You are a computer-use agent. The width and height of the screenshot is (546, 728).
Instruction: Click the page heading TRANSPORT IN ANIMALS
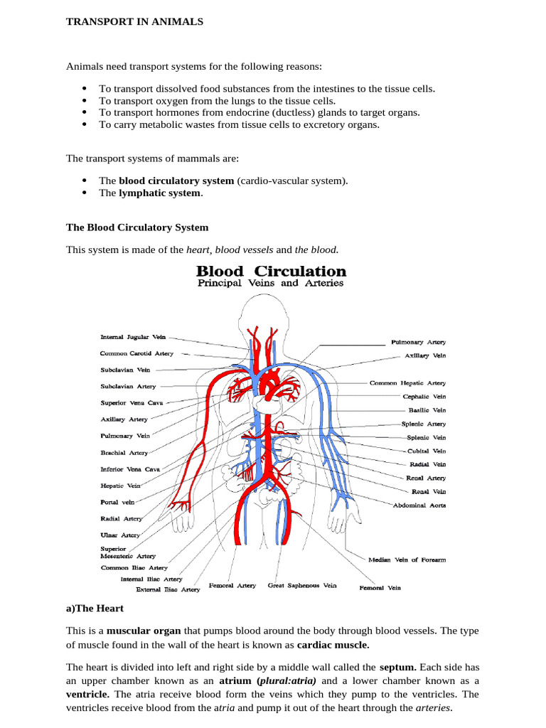pyautogui.click(x=134, y=22)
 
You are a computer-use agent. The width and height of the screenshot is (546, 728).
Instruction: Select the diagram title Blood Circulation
pyautogui.click(x=271, y=271)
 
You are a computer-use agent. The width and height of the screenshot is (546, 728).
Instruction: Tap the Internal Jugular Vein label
pyautogui.click(x=134, y=338)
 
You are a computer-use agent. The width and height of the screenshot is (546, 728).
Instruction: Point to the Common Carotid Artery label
pyautogui.click(x=136, y=353)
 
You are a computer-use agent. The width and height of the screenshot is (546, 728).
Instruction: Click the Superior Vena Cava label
pyautogui.click(x=132, y=402)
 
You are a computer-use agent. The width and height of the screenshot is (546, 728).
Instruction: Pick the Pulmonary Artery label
pyautogui.click(x=418, y=342)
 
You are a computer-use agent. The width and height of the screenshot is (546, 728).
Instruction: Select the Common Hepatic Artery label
pyautogui.click(x=407, y=382)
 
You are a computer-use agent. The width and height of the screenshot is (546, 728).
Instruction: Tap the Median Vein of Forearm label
pyautogui.click(x=407, y=560)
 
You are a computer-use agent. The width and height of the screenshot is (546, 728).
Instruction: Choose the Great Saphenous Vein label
pyautogui.click(x=302, y=586)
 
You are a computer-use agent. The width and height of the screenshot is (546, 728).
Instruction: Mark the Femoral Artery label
pyautogui.click(x=232, y=586)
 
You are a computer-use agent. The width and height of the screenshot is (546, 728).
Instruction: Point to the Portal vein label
pyautogui.click(x=118, y=502)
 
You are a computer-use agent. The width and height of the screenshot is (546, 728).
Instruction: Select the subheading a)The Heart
pyautogui.click(x=95, y=609)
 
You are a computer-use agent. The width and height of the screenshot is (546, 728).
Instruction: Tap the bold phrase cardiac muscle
pyautogui.click(x=333, y=645)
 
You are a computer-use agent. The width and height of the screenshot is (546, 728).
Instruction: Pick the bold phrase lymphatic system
pyautogui.click(x=160, y=193)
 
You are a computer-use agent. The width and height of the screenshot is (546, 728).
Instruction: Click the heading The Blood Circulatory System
pyautogui.click(x=137, y=227)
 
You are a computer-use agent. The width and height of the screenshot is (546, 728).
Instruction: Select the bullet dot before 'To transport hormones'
pyautogui.click(x=84, y=112)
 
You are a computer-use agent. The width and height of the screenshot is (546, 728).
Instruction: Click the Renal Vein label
pyautogui.click(x=429, y=491)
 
